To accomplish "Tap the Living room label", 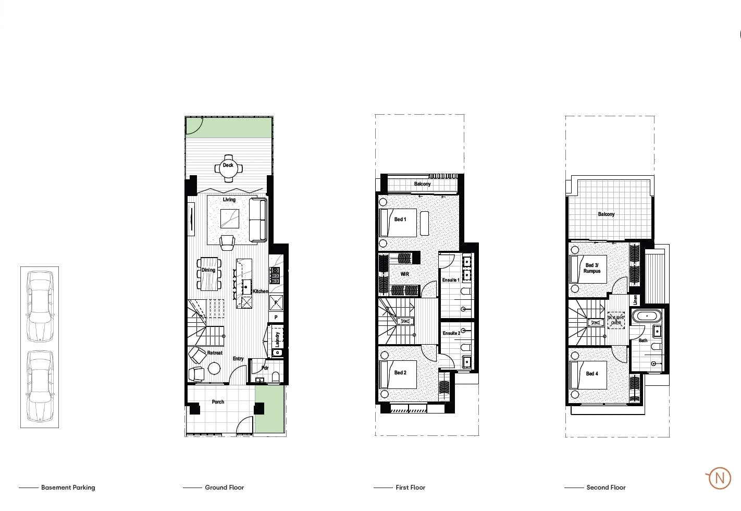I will (x=229, y=200).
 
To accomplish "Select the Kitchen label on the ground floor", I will (x=261, y=291).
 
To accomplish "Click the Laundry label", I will (x=277, y=339).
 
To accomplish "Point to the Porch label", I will (x=218, y=402).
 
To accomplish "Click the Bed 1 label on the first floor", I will (x=400, y=220).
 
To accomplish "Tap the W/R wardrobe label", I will (x=405, y=274).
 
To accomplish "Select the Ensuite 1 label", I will (x=451, y=280).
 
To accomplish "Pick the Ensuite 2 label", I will (x=451, y=333).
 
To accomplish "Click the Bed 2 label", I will (x=400, y=373).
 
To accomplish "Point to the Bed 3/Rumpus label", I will (x=592, y=268).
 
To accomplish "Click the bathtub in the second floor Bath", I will (x=647, y=316).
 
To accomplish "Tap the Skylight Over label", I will (x=616, y=320).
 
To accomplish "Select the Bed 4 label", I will (x=592, y=374).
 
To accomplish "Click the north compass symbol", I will (x=720, y=478).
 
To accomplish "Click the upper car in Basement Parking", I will (x=40, y=306).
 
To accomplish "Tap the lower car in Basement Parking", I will (x=40, y=386).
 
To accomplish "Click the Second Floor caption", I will (x=606, y=488).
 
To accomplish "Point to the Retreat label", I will (x=215, y=353).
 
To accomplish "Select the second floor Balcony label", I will (x=606, y=214).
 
